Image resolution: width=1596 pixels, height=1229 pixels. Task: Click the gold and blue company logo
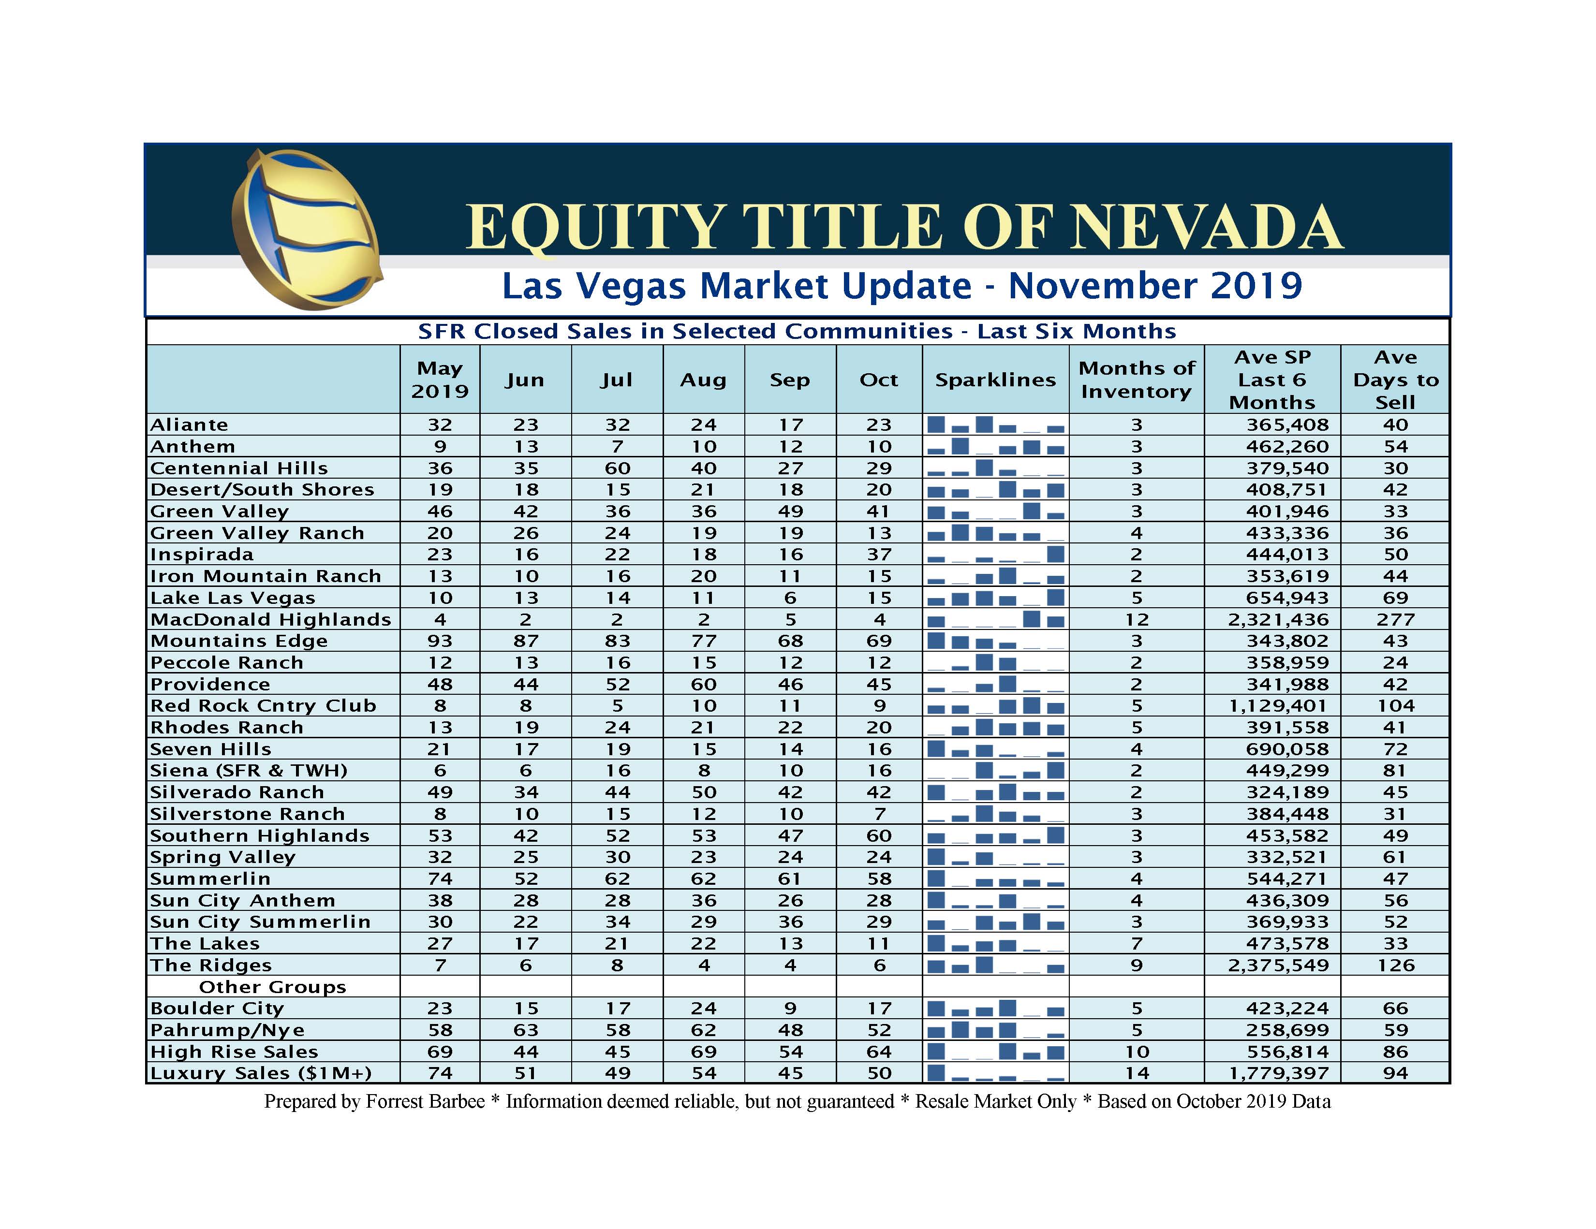click(x=307, y=229)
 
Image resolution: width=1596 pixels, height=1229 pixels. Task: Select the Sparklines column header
click(x=995, y=380)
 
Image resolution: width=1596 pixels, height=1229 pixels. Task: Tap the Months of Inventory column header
click(x=1137, y=380)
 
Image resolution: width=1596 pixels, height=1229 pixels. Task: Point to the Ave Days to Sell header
click(x=1395, y=380)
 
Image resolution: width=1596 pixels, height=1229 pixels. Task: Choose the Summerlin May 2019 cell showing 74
click(x=440, y=879)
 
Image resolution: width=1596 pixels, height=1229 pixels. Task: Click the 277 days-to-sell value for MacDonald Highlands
click(x=1395, y=620)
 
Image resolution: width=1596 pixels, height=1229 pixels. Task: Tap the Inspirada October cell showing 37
click(x=879, y=555)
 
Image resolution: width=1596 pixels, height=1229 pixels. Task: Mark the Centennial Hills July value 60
click(x=617, y=468)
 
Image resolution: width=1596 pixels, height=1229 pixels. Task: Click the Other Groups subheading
click(x=273, y=987)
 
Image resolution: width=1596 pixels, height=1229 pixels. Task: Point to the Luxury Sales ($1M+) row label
click(x=261, y=1073)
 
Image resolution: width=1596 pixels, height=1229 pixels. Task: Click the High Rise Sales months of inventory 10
click(x=1137, y=1052)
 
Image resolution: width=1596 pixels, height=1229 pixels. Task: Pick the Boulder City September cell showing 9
click(x=790, y=1009)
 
